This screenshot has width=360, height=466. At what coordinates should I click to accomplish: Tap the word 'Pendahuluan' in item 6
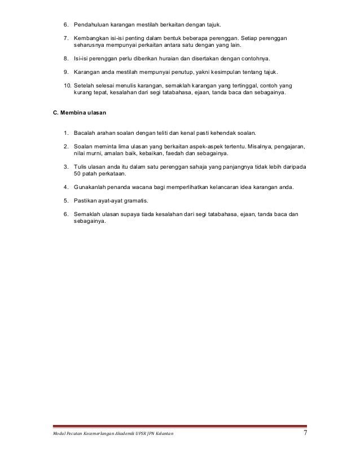92,25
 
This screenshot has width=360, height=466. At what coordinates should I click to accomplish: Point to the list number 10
66,85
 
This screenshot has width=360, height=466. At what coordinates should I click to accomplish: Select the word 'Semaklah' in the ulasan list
88,214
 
